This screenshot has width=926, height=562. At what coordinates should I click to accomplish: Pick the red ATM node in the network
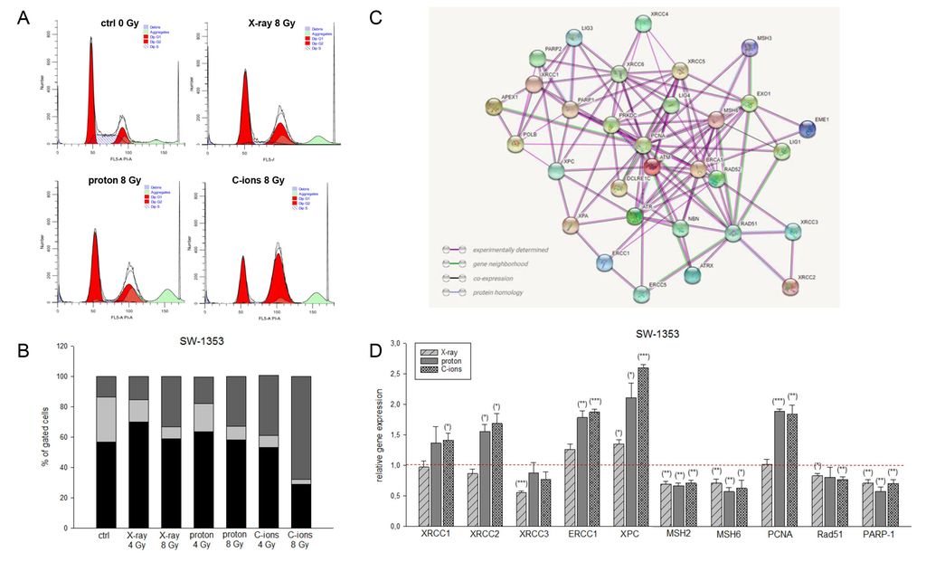coord(652,166)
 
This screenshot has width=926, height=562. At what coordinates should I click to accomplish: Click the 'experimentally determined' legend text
coord(512,249)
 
